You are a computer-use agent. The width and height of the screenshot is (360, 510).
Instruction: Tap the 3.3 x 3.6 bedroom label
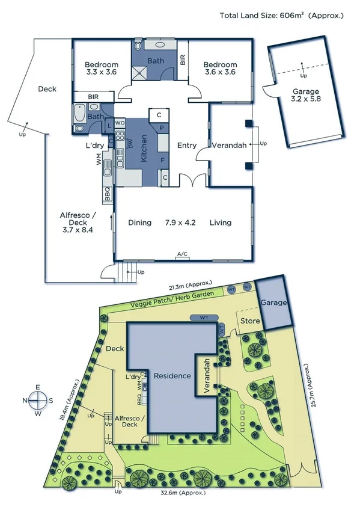point(100,68)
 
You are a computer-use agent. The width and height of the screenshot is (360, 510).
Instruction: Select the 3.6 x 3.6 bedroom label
point(219,68)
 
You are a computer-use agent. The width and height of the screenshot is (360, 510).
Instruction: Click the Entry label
point(187,145)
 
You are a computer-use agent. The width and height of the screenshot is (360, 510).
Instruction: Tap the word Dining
point(140,223)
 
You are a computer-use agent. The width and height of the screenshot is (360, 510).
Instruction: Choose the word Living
point(221,223)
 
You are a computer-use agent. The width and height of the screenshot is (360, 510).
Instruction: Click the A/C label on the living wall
point(182,255)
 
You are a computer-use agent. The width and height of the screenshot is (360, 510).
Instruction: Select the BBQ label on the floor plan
point(108,194)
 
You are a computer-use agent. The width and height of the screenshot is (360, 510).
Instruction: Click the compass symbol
point(38,399)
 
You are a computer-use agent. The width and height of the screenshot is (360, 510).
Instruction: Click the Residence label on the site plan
point(172,376)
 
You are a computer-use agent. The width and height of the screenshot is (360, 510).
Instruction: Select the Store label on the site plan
point(250,321)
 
